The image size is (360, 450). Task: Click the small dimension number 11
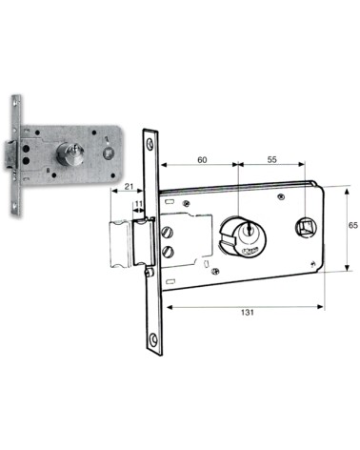(x=139, y=205)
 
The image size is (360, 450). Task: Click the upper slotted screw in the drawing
(x=170, y=232)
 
